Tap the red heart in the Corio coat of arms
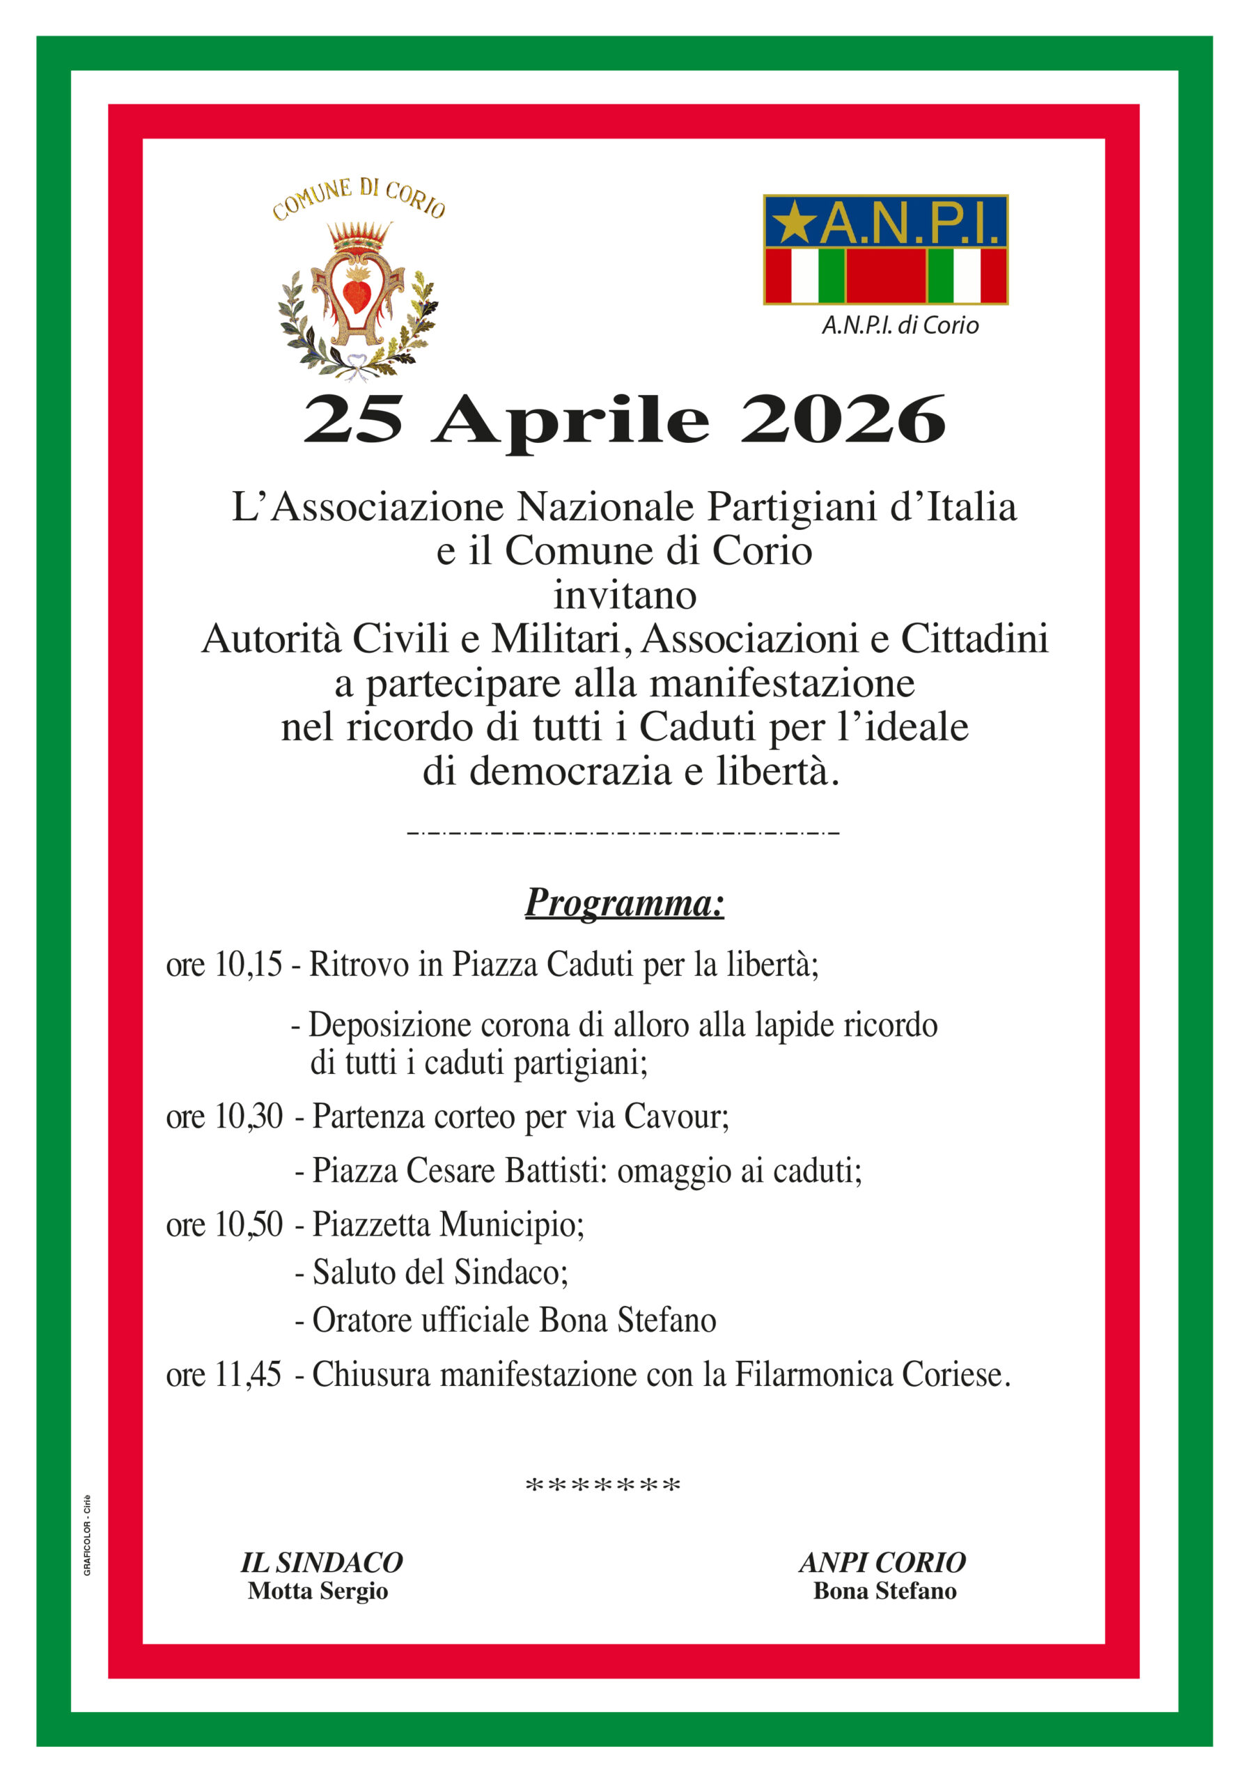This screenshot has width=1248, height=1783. (x=357, y=293)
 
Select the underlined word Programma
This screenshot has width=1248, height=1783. (x=625, y=903)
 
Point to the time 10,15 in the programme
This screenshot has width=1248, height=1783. (x=249, y=965)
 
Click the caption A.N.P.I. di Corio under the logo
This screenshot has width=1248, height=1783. (x=900, y=325)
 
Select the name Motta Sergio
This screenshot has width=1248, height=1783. (x=318, y=1591)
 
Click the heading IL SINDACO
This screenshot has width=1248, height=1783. (x=322, y=1562)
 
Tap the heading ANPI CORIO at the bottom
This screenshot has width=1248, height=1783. (x=882, y=1562)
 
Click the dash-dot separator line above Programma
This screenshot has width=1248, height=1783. (x=623, y=834)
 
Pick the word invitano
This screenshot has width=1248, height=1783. (x=625, y=595)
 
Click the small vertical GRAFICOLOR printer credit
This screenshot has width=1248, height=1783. (x=87, y=1535)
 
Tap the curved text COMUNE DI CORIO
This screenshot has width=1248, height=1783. (x=358, y=198)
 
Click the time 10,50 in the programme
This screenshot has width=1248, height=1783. (x=249, y=1224)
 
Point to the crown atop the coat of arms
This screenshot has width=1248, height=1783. (x=358, y=235)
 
